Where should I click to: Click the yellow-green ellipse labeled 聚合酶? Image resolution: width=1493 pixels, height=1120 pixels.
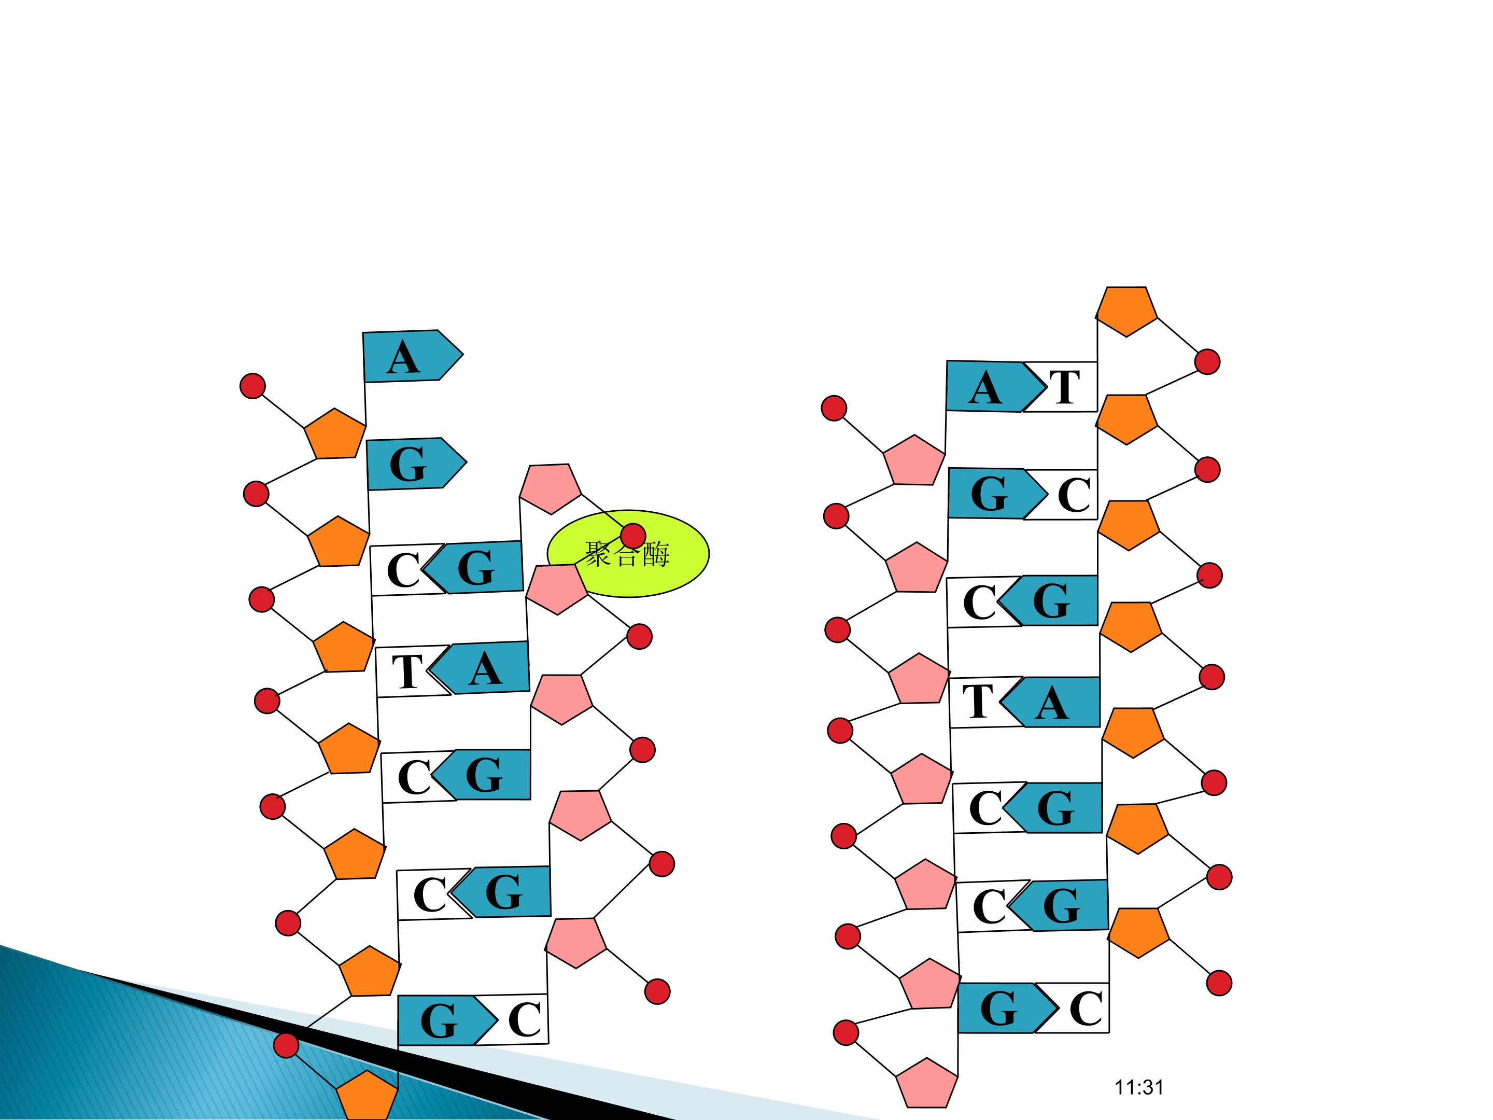pos(628,554)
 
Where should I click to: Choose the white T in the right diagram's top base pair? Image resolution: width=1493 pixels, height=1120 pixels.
pos(1061,387)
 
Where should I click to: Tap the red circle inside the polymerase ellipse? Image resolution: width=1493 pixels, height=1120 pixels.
pos(632,536)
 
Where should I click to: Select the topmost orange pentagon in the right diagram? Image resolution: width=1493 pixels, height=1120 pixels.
pos(1126,311)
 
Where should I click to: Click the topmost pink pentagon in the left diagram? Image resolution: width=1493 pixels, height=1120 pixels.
pos(550,488)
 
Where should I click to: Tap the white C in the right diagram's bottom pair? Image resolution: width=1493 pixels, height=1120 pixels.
pos(1079,1008)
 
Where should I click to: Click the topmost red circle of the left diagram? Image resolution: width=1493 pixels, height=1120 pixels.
pos(252,385)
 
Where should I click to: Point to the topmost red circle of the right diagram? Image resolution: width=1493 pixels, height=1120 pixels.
pos(1207,362)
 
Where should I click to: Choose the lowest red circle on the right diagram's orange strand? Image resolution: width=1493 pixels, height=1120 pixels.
pos(1218,983)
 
